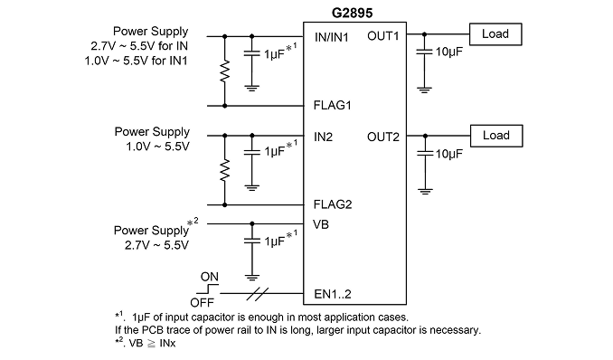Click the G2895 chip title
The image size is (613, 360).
[352, 13]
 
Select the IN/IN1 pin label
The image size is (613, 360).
[332, 37]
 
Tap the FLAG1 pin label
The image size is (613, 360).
[333, 105]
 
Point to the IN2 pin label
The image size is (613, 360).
[324, 137]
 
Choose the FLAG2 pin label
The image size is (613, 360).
[333, 204]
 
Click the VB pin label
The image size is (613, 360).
[321, 224]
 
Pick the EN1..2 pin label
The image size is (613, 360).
[333, 294]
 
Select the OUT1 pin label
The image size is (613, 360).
[383, 36]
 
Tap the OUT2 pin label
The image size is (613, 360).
[383, 137]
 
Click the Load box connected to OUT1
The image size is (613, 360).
[495, 34]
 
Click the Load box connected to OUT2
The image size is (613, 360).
[496, 136]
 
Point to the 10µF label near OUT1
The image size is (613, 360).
[448, 52]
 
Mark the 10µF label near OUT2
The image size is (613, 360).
[448, 154]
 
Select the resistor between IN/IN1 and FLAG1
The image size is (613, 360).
[225, 71]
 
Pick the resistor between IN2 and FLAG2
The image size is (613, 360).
[225, 170]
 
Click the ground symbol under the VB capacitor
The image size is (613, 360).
[252, 278]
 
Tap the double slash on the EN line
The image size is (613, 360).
[258, 294]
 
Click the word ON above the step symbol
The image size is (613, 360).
[210, 277]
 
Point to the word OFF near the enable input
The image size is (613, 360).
[203, 302]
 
